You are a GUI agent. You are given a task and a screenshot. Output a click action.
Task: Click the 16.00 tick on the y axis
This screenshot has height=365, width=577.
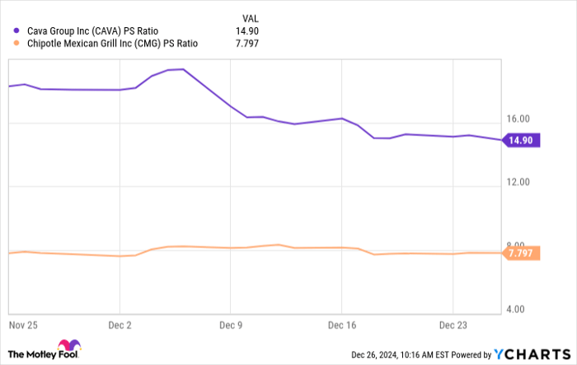click(517, 119)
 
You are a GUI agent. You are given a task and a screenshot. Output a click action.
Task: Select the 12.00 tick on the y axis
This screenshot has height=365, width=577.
click(517, 183)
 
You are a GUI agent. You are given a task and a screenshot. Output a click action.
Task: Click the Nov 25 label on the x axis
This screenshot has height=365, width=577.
click(23, 325)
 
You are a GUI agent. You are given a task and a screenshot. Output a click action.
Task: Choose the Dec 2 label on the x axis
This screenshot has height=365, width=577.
click(121, 325)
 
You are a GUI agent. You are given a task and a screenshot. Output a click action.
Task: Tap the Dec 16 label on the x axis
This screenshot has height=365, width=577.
click(342, 325)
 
